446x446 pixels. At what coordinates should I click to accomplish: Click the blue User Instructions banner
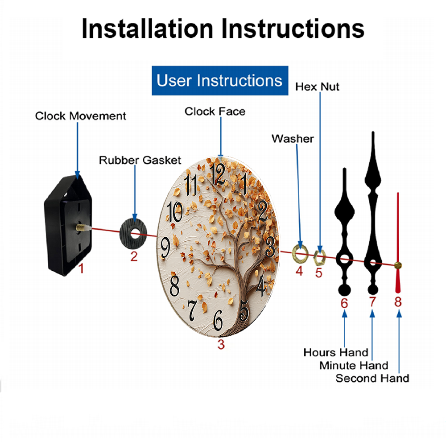[x=220, y=80]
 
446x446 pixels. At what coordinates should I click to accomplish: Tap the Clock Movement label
[x=80, y=116]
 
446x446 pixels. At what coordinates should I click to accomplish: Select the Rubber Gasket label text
[x=140, y=160]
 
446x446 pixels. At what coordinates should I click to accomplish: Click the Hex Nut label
[x=317, y=87]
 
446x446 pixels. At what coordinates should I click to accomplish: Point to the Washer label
[x=293, y=139]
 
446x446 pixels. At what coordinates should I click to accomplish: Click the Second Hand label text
[x=372, y=378]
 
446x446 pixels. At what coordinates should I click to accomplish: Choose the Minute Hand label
[x=354, y=366]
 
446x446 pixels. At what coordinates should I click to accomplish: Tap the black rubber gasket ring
[x=133, y=234]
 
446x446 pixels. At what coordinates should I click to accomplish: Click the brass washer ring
[x=300, y=252]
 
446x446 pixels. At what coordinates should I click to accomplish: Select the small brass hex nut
[x=319, y=257]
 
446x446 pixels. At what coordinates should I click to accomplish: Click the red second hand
[x=398, y=243]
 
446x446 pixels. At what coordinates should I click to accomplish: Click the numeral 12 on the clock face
[x=218, y=174]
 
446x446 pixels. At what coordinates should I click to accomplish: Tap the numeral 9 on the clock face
[x=165, y=248]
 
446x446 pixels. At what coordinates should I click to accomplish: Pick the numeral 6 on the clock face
[x=218, y=320]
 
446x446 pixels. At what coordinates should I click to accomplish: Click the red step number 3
[x=221, y=344]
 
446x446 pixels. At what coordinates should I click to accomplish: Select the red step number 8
[x=398, y=301]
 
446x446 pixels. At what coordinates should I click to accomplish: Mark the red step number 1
[x=81, y=268]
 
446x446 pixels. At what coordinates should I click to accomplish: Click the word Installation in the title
[x=147, y=29]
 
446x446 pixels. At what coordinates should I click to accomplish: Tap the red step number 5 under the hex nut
[x=318, y=273]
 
